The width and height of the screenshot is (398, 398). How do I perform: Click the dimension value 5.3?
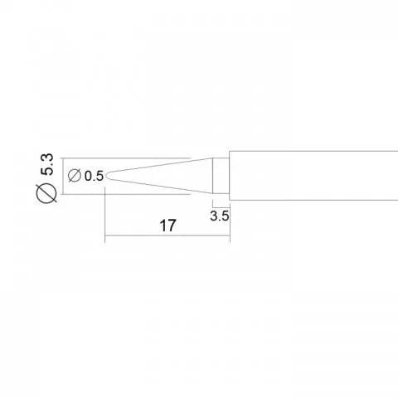pos(46,165)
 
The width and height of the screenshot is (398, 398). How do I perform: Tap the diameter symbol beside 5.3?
pos(46,193)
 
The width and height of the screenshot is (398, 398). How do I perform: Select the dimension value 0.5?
pos(94,176)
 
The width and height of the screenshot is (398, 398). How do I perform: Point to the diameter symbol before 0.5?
pos(75,176)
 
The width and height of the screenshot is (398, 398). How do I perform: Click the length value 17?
pos(167,226)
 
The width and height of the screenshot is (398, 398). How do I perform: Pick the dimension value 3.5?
pos(220,216)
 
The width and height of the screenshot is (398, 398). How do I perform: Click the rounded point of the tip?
pos(107,176)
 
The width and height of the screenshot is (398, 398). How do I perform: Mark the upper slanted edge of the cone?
pos(160,165)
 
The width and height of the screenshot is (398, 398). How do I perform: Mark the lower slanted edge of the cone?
pos(160,187)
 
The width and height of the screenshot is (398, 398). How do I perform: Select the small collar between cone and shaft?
pos(221,176)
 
